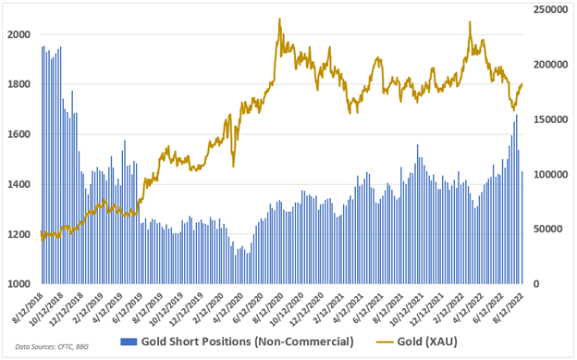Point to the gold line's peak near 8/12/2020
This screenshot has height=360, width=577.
point(279,19)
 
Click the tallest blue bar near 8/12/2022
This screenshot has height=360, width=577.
point(516,114)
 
